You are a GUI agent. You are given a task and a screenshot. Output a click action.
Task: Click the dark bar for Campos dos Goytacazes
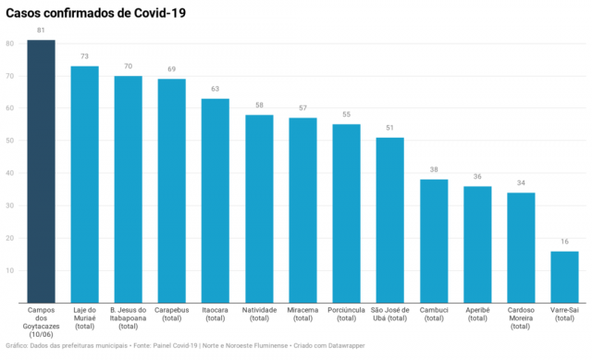pos(41,171)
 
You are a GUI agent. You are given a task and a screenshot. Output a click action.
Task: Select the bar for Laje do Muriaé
pos(84,184)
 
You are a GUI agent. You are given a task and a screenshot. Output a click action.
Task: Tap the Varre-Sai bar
pos(564,277)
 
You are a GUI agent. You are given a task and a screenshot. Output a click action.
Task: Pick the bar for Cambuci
pos(434,241)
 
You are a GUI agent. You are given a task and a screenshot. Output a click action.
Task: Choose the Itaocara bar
pos(216,201)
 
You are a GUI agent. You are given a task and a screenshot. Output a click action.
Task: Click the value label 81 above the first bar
pos(41,31)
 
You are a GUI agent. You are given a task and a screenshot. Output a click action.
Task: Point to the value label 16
pos(564,242)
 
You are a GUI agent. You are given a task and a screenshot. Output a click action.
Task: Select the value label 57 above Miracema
pos(302,108)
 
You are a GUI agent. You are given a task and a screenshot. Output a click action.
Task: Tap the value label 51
pos(389,128)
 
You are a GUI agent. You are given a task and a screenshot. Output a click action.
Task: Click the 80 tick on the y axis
pos(10,43)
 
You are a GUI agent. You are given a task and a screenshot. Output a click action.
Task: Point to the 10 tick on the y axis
pos(10,270)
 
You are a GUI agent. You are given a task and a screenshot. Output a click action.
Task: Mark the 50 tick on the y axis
pos(10,141)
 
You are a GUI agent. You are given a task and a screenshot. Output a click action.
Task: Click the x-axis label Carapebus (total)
pos(172,314)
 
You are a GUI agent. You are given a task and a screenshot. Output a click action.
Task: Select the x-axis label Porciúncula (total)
pos(346,314)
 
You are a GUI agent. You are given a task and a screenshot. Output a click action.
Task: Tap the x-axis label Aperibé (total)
pos(477,314)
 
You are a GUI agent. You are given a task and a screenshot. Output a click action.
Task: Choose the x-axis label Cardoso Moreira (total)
pos(521,318)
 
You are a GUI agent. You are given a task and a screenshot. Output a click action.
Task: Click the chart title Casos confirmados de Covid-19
pos(96,13)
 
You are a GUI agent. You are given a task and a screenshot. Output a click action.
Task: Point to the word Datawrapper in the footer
pos(347,345)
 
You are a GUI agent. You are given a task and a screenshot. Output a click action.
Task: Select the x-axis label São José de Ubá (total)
pos(390,314)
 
